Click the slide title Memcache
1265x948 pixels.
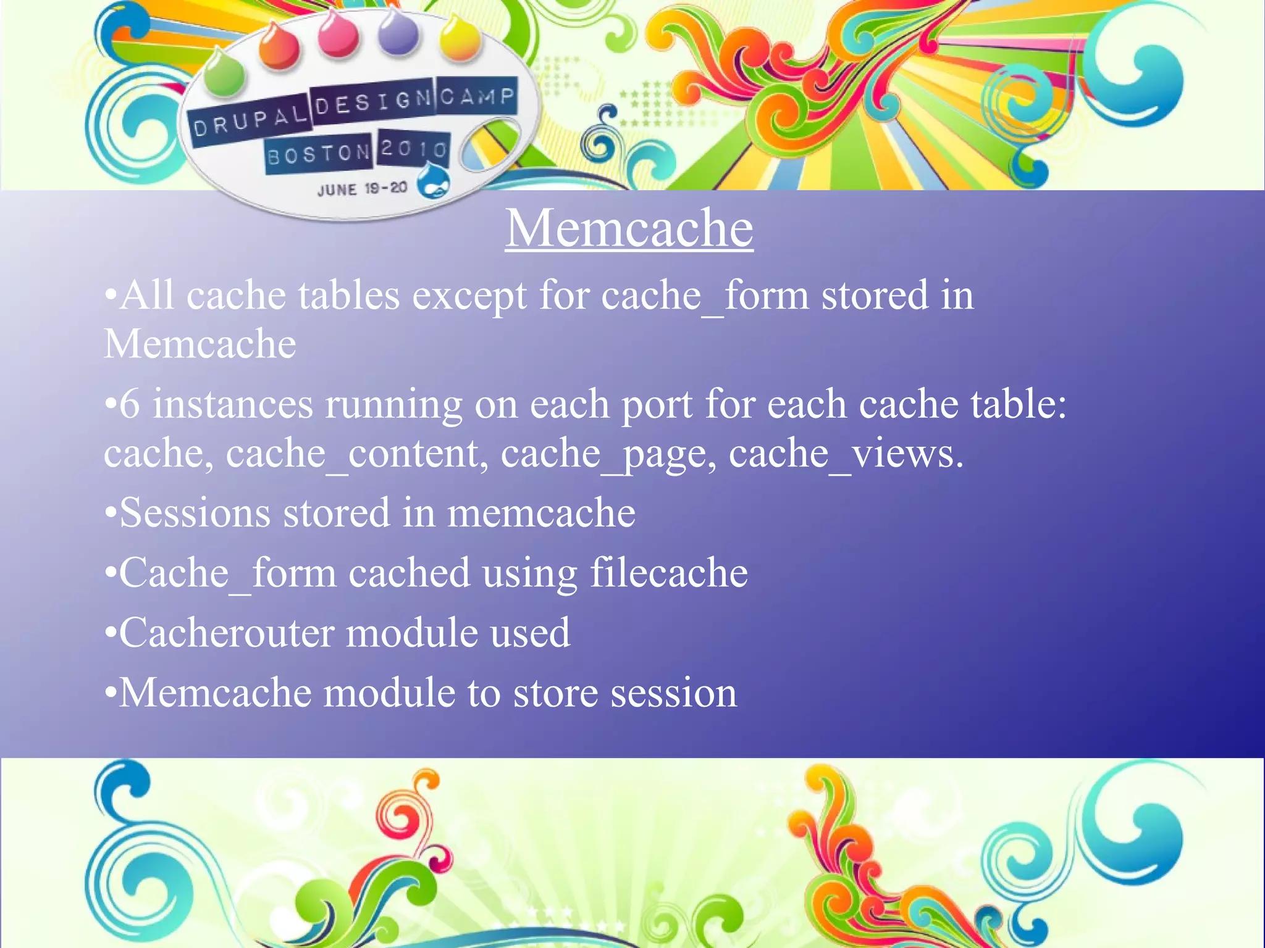(x=629, y=229)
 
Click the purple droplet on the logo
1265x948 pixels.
(x=398, y=34)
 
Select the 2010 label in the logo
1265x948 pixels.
(x=413, y=149)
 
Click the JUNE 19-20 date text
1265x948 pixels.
(x=362, y=189)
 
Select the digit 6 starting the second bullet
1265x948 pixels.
(x=129, y=405)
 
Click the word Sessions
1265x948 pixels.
(x=195, y=513)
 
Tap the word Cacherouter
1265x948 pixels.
(x=226, y=633)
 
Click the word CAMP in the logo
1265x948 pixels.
(x=477, y=97)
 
